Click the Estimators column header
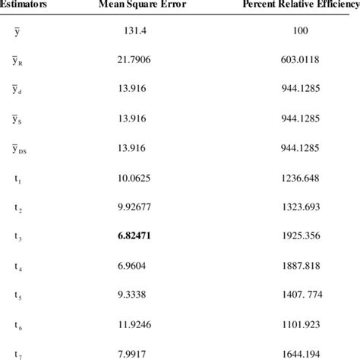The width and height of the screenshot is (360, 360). [x=23, y=6]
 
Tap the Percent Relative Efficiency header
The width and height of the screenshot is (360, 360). [x=300, y=6]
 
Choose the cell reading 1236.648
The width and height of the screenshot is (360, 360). [x=301, y=164]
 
